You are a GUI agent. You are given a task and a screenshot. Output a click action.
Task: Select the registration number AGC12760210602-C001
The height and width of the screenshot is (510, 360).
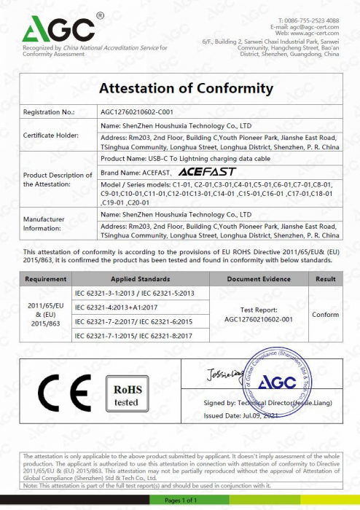(136, 113)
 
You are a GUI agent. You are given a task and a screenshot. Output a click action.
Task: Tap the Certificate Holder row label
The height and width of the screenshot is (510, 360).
(50, 136)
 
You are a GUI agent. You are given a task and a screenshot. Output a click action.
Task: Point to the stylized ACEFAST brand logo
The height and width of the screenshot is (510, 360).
(200, 172)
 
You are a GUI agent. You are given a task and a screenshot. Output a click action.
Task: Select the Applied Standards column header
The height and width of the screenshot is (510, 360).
(141, 278)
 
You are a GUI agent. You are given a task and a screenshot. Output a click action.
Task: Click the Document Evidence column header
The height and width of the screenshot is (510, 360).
(259, 278)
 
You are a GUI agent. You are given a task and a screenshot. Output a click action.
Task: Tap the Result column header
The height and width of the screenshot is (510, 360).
(325, 278)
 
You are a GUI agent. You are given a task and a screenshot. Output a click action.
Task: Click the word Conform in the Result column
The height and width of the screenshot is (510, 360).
(325, 314)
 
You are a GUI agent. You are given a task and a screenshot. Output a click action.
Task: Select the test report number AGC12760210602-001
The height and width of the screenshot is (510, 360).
(259, 318)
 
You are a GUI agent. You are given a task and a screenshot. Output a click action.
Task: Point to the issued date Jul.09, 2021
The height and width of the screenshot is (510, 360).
(251, 415)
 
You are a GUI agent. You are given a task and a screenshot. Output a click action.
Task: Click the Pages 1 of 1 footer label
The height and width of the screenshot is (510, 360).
(180, 500)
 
